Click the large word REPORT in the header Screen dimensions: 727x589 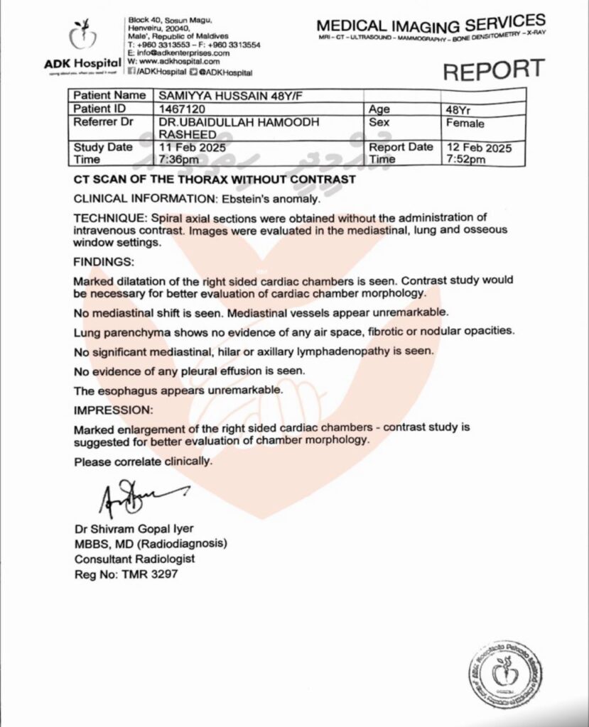coord(494,70)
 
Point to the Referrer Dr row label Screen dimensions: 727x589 coord(104,122)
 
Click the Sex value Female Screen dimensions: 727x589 coord(465,123)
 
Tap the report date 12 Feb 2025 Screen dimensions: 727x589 coord(478,147)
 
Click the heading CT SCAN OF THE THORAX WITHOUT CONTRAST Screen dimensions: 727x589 coord(215,180)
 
